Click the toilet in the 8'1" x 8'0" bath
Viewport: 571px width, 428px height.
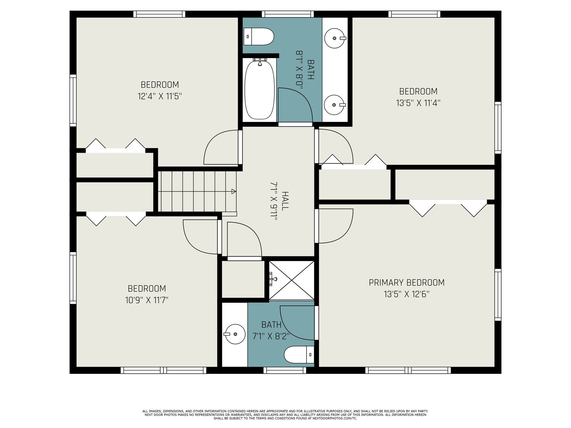coord(259,36)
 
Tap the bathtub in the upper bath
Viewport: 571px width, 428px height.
coord(259,90)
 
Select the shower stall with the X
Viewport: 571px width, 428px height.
coord(291,280)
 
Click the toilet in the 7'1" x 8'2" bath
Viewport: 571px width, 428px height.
coord(299,355)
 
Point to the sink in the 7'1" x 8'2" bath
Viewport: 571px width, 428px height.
coord(234,334)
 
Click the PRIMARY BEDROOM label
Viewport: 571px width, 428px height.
coord(406,283)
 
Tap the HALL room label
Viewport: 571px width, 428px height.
coord(285,200)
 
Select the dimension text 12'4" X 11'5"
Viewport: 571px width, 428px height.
coord(160,96)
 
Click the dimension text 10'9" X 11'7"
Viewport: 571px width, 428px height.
coord(147,300)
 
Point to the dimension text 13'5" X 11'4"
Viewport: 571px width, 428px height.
coord(418,103)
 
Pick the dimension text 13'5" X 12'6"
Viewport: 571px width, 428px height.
coord(406,295)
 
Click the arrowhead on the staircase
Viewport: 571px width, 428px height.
coord(234,192)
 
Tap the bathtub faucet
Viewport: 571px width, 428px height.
coord(259,62)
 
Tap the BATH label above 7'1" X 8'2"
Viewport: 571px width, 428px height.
coord(271,325)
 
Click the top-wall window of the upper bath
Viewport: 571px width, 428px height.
coord(288,14)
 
